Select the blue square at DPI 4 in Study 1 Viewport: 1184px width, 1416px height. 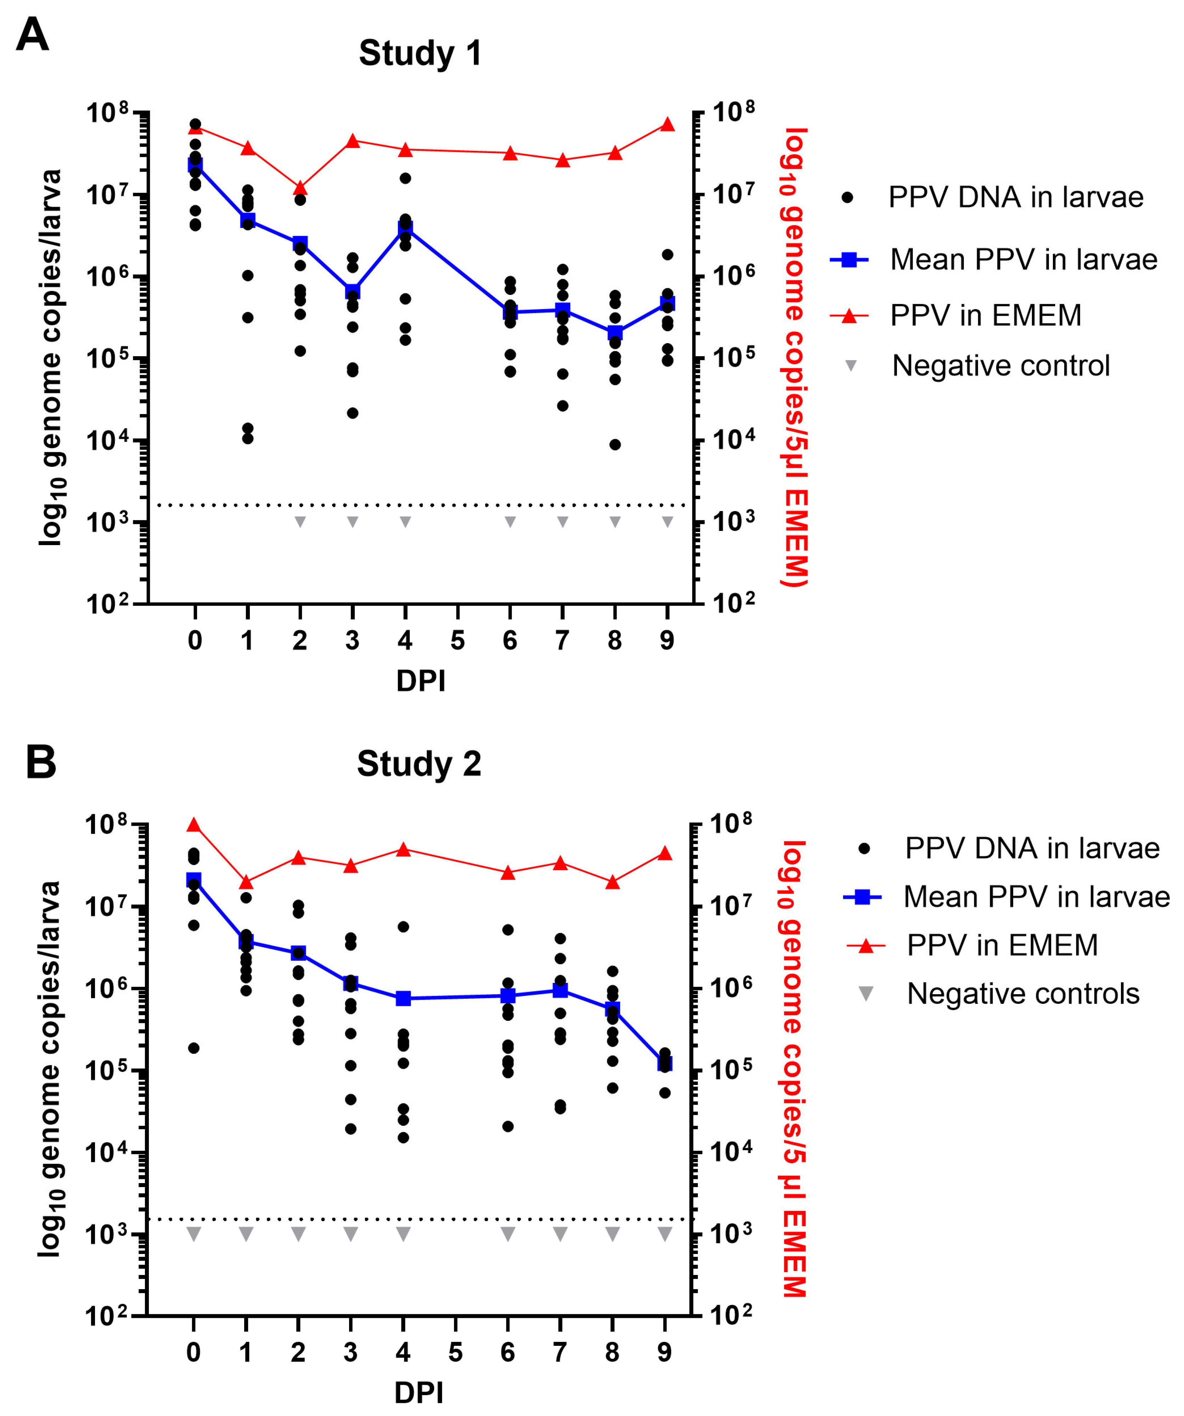[x=405, y=229]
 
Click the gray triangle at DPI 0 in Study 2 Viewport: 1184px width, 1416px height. [x=193, y=1234]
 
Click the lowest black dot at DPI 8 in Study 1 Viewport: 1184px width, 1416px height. [x=615, y=444]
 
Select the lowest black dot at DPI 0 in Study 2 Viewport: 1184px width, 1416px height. [x=193, y=1048]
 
